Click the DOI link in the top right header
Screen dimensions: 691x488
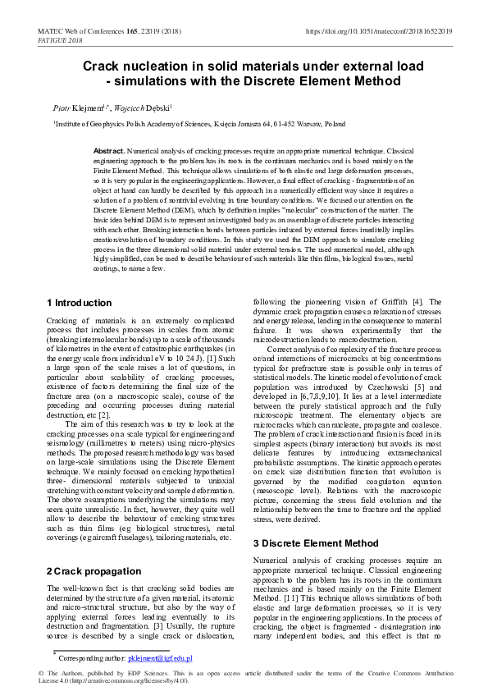point(379,30)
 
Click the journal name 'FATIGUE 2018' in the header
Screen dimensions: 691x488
point(60,39)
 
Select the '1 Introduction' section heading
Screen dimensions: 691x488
point(80,303)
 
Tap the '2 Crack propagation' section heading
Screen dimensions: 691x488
point(93,570)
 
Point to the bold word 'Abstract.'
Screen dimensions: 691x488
point(108,152)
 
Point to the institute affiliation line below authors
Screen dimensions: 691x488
point(199,124)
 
